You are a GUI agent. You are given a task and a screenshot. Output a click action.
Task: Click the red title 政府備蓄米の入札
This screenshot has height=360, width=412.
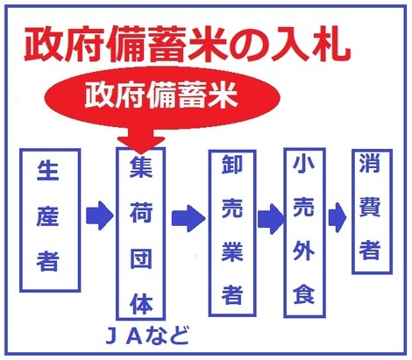pos(187,45)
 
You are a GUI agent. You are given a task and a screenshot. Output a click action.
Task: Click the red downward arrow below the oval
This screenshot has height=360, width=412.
pos(141,140)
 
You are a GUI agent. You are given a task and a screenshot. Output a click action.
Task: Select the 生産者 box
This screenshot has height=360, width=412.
pos(50,220)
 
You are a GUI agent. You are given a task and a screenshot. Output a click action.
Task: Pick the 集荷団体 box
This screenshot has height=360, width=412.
pos(141,234)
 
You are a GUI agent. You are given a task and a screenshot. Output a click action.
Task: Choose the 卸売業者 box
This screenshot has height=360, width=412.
pos(232,233)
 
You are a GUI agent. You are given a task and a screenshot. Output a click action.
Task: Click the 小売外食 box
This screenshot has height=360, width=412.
pos(304,233)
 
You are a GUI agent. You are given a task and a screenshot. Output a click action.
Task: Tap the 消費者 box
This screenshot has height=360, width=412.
pos(372,211)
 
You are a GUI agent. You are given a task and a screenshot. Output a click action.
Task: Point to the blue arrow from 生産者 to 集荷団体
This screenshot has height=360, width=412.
pos(100,215)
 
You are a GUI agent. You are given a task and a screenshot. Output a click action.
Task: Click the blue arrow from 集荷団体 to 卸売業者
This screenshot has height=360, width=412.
pos(188,218)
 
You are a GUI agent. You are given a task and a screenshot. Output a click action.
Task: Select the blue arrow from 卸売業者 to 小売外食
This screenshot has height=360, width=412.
pos(271,219)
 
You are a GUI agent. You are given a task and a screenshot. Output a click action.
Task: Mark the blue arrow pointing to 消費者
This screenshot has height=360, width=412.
pos(337,217)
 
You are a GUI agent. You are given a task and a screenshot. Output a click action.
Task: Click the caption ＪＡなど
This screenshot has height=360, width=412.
pos(146,335)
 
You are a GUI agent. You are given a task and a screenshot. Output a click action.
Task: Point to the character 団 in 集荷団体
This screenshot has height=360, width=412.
pos(141,258)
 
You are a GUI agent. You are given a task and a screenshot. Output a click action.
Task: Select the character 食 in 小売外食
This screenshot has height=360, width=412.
pos(304,293)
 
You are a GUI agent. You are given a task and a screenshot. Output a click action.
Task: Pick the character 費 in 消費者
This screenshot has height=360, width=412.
pos(370,206)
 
